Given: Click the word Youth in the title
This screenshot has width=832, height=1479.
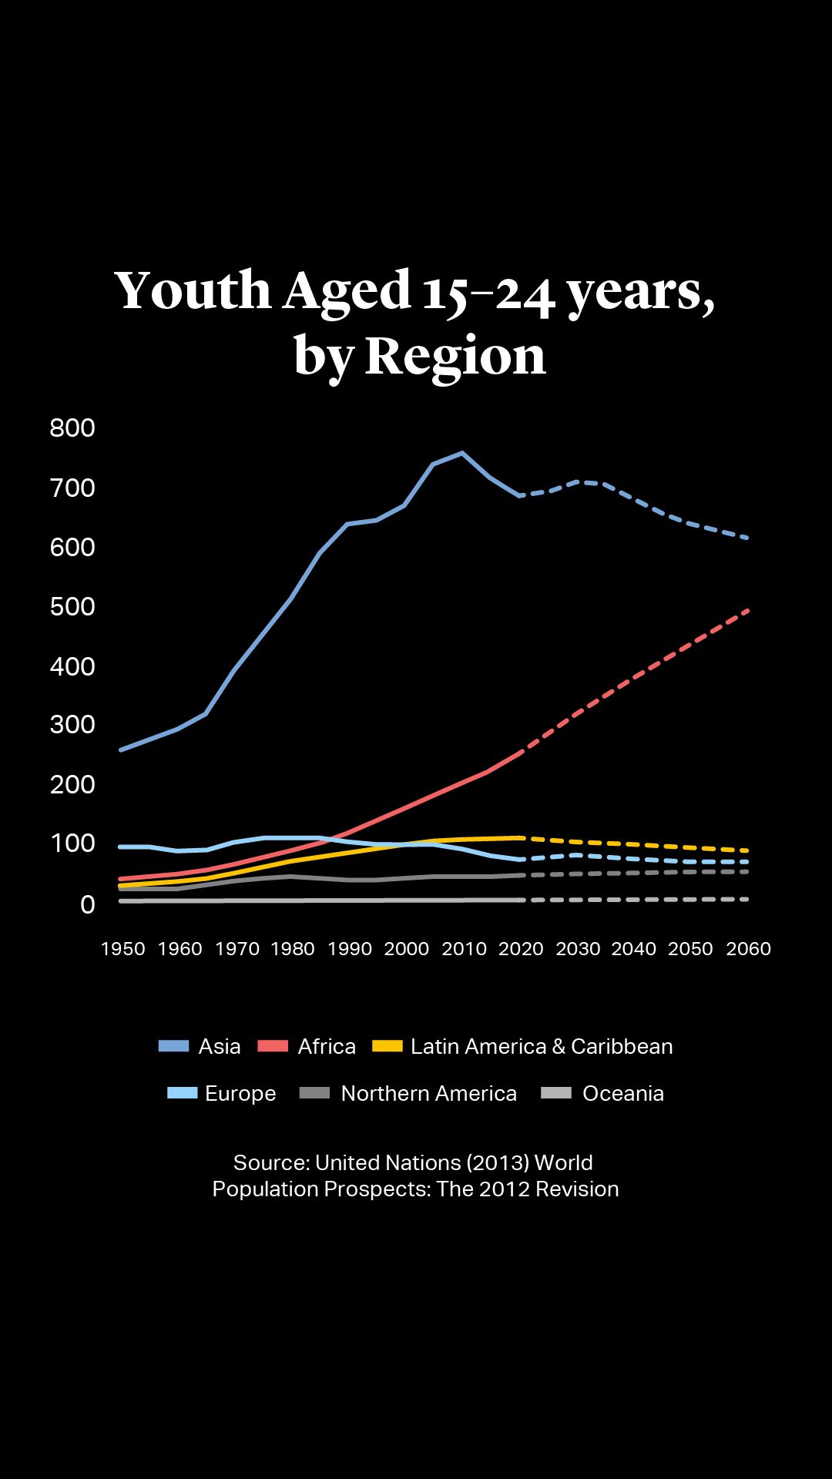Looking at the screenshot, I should point(193,290).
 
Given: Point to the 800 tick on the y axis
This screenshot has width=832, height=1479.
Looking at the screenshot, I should point(72,428).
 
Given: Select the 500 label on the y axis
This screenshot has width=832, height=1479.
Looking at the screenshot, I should point(72,606).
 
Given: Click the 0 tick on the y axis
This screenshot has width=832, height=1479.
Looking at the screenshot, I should point(88,904).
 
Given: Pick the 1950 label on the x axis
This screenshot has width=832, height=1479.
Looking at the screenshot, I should point(123,949).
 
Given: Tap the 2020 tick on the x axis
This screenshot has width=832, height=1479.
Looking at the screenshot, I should point(521,949).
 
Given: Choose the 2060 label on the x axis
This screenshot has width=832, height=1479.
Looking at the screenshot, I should point(748,949).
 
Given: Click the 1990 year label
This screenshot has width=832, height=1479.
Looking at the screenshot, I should point(350,949).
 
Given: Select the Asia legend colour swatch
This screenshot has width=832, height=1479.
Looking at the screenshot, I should point(173,1046).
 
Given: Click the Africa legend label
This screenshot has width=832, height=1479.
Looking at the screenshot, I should point(327,1046).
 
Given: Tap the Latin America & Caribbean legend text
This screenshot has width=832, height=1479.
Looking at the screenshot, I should point(542,1046).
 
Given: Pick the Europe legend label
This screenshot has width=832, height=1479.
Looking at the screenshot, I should point(240,1094).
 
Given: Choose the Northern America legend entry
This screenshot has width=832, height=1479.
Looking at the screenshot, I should point(428,1094).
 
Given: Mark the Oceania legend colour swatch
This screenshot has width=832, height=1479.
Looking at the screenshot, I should point(556,1093).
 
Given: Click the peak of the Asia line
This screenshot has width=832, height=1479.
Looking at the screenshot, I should point(462,453).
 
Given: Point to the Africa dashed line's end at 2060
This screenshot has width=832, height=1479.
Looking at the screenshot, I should point(747,610).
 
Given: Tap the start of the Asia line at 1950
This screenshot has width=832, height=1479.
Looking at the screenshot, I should point(121,750).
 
